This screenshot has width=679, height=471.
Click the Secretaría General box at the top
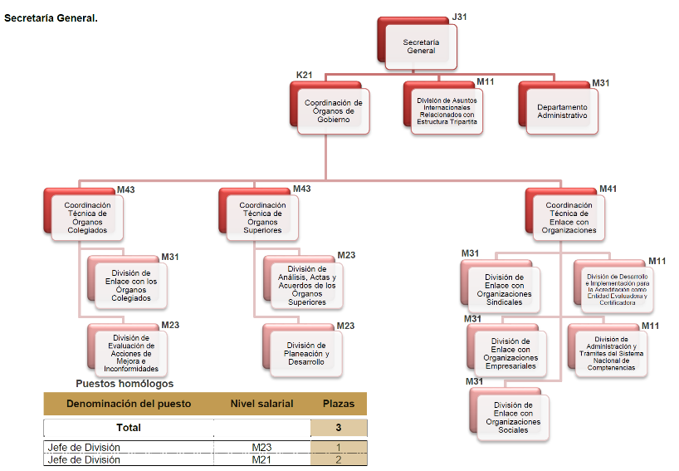[420, 47]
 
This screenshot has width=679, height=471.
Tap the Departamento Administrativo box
[561, 111]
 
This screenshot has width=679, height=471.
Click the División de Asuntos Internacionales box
[447, 111]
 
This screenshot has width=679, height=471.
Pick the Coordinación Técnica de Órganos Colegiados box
[87, 218]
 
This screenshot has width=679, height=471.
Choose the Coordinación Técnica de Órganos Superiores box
[262, 218]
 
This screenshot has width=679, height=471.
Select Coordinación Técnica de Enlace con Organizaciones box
[569, 218]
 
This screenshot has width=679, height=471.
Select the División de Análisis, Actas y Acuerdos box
[306, 285]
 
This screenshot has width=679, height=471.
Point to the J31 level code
[460, 17]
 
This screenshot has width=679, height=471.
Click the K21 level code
[305, 75]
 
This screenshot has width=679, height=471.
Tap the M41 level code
[608, 189]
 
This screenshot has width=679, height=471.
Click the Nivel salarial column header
[261, 404]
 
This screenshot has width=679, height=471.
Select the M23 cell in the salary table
[261, 448]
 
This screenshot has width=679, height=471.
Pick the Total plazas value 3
[338, 428]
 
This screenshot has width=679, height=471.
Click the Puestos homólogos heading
[125, 384]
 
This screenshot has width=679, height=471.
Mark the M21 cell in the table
[261, 459]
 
